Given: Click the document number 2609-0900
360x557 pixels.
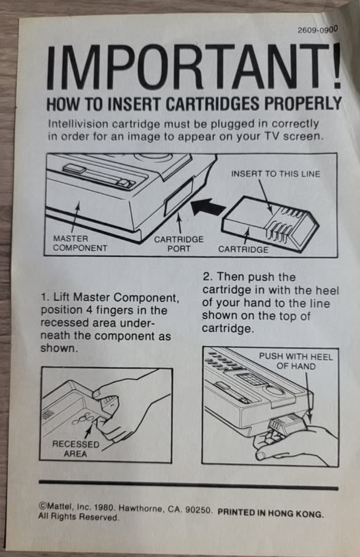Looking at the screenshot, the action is (x=317, y=29).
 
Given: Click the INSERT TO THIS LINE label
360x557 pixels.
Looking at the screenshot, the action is (x=276, y=174).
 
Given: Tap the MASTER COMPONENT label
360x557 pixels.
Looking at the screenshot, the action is (x=80, y=243).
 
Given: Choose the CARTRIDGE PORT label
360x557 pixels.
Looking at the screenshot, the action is (x=178, y=244).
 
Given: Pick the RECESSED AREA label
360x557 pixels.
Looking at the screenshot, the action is (x=75, y=449).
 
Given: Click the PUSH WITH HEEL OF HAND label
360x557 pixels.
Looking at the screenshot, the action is (x=296, y=361).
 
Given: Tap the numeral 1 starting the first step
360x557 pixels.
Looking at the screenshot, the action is (x=44, y=297).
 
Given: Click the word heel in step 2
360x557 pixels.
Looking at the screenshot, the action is (x=327, y=290).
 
